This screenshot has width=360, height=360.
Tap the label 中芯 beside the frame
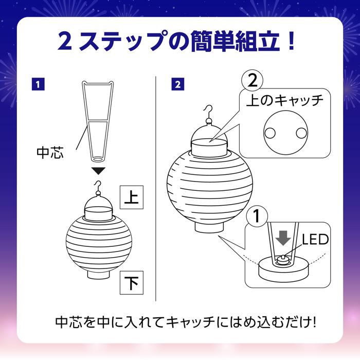50,153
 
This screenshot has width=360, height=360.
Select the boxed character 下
131,283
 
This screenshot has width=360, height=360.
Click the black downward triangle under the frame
97,171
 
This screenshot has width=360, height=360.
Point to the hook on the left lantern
97,185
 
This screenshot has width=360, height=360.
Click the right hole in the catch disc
300,133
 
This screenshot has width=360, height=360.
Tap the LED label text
315,239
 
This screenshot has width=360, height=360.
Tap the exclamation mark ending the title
291,41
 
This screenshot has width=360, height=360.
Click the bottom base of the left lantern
97,273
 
